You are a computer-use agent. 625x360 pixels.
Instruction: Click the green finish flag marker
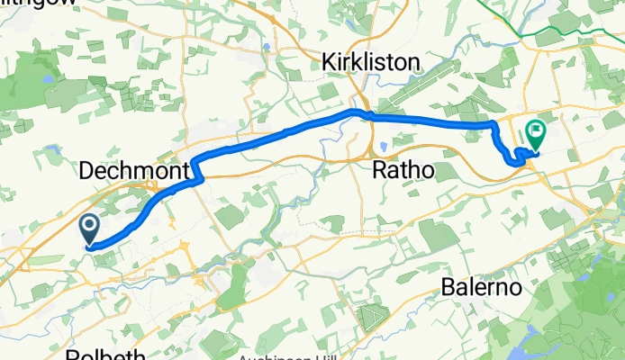click(536, 134)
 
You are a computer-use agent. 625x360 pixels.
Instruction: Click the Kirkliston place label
click(372, 62)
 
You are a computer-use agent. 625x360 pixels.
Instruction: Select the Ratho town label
click(403, 169)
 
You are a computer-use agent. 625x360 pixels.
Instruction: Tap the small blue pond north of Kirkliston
click(267, 46)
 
